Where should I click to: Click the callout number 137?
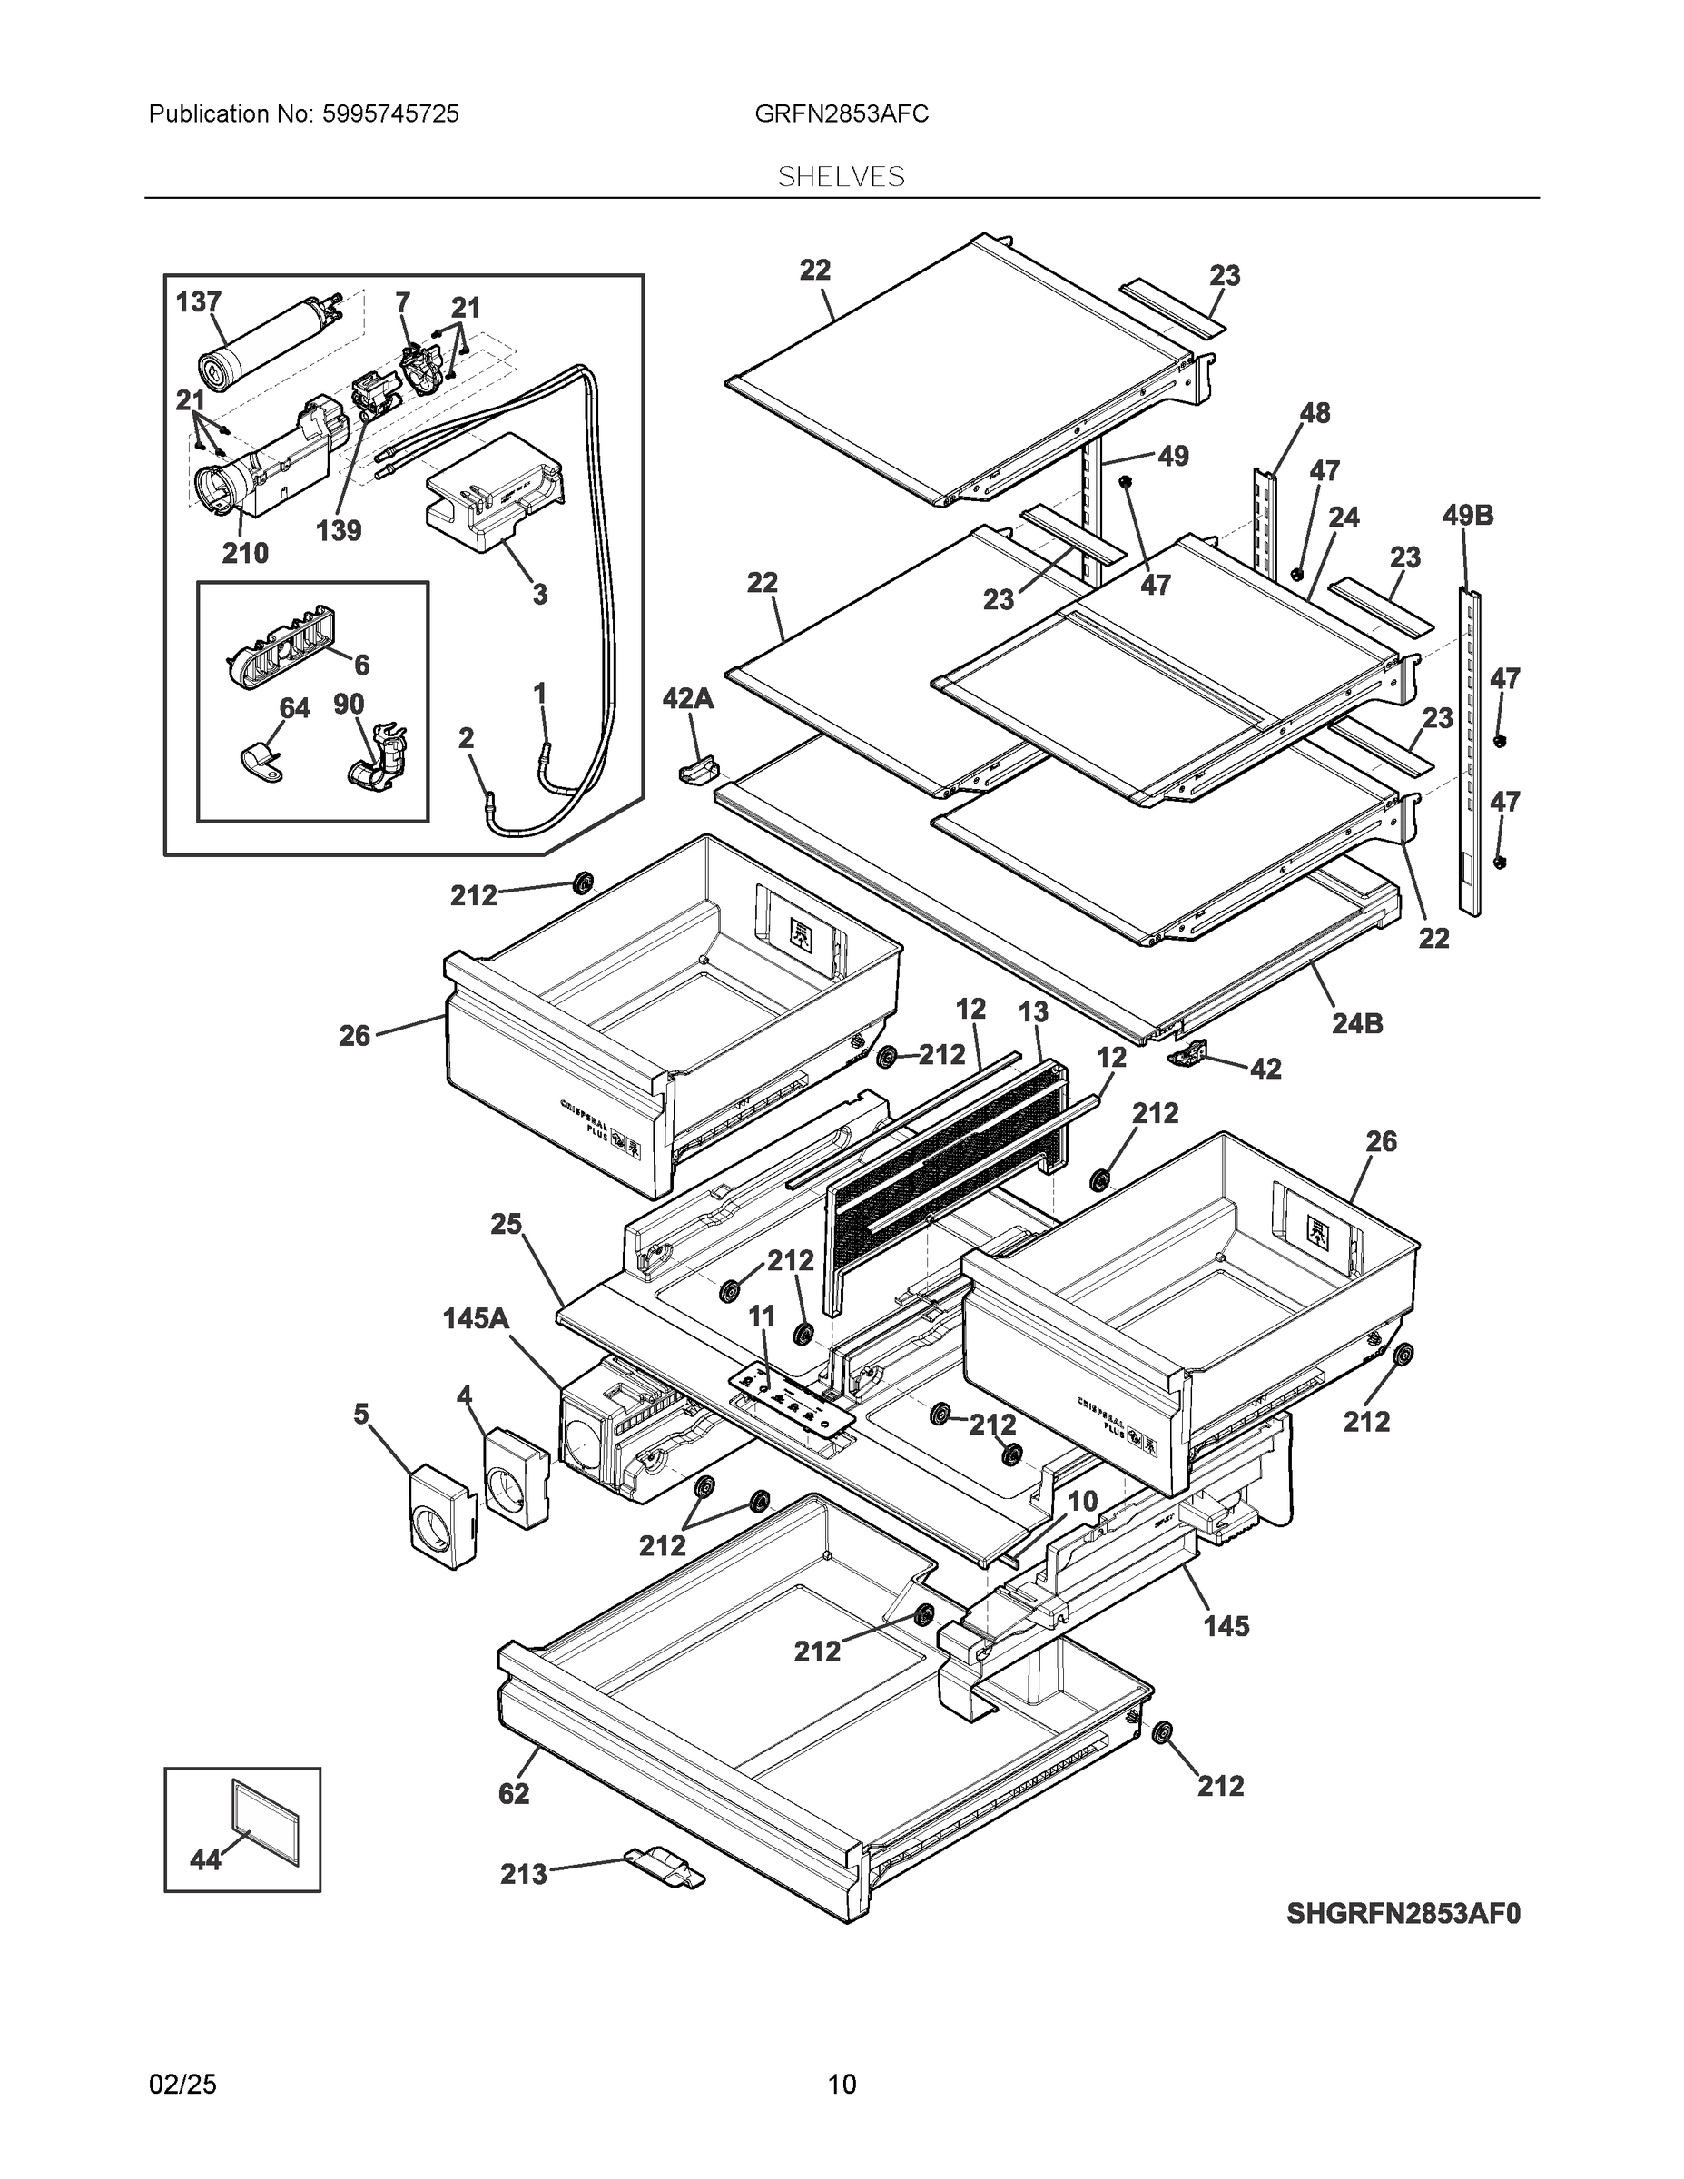point(199,301)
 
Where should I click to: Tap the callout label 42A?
point(688,698)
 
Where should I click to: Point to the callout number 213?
point(524,1874)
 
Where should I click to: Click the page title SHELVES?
point(841,177)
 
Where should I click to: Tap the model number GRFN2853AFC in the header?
point(841,113)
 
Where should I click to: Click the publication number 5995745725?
point(390,113)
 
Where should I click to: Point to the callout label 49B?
point(1468,516)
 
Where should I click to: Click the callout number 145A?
point(476,1319)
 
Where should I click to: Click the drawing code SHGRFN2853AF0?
point(1403,1914)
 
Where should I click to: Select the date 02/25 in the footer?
point(182,2085)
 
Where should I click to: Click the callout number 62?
point(514,1794)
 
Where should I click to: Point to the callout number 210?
point(245,553)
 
